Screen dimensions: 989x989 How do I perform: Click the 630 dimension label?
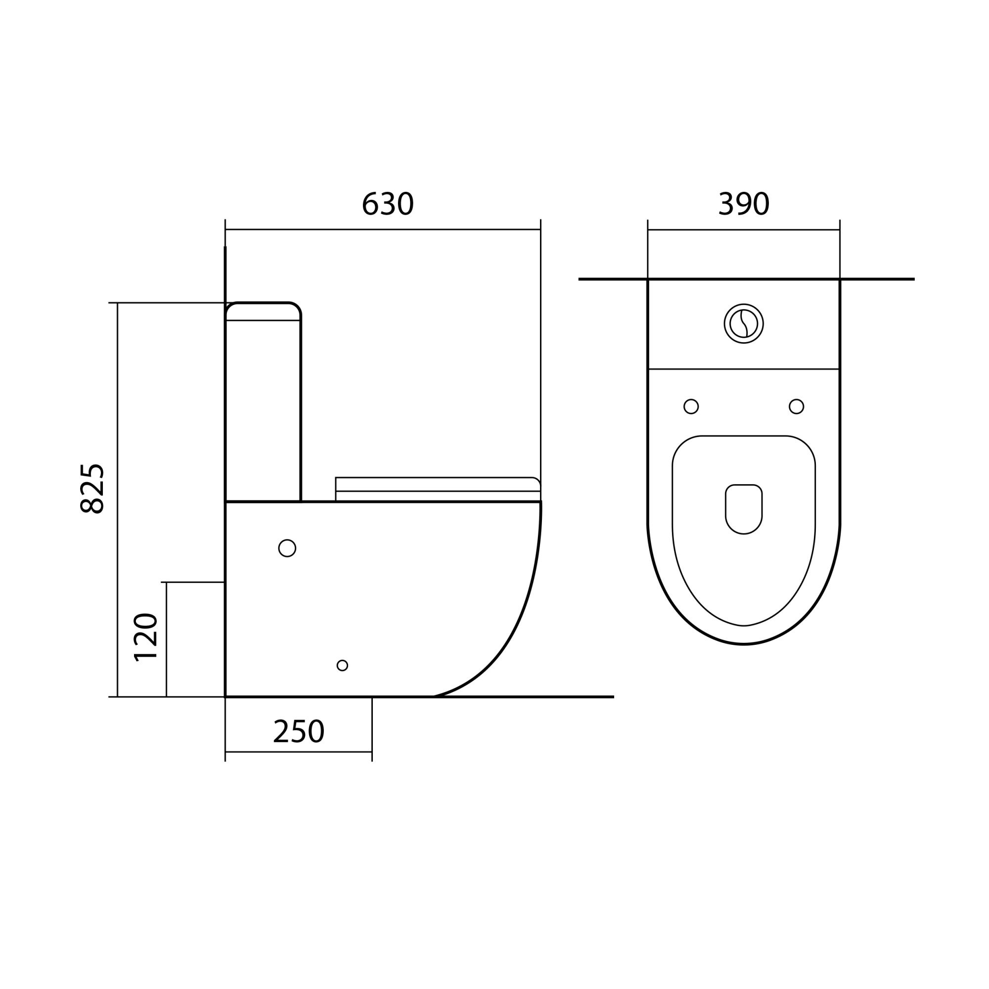tap(388, 204)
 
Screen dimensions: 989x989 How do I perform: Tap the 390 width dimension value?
tap(744, 204)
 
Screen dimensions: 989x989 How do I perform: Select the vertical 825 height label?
tap(92, 489)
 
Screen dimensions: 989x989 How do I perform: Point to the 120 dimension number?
tap(145, 637)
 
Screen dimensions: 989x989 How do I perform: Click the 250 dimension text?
tap(299, 731)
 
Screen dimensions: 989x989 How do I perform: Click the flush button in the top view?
tap(744, 323)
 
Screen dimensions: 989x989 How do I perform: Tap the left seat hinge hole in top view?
tap(691, 406)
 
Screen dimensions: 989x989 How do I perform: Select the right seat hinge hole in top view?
tap(797, 406)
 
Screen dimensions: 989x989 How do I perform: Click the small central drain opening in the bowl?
tap(744, 509)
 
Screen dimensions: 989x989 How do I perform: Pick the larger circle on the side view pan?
tap(287, 548)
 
